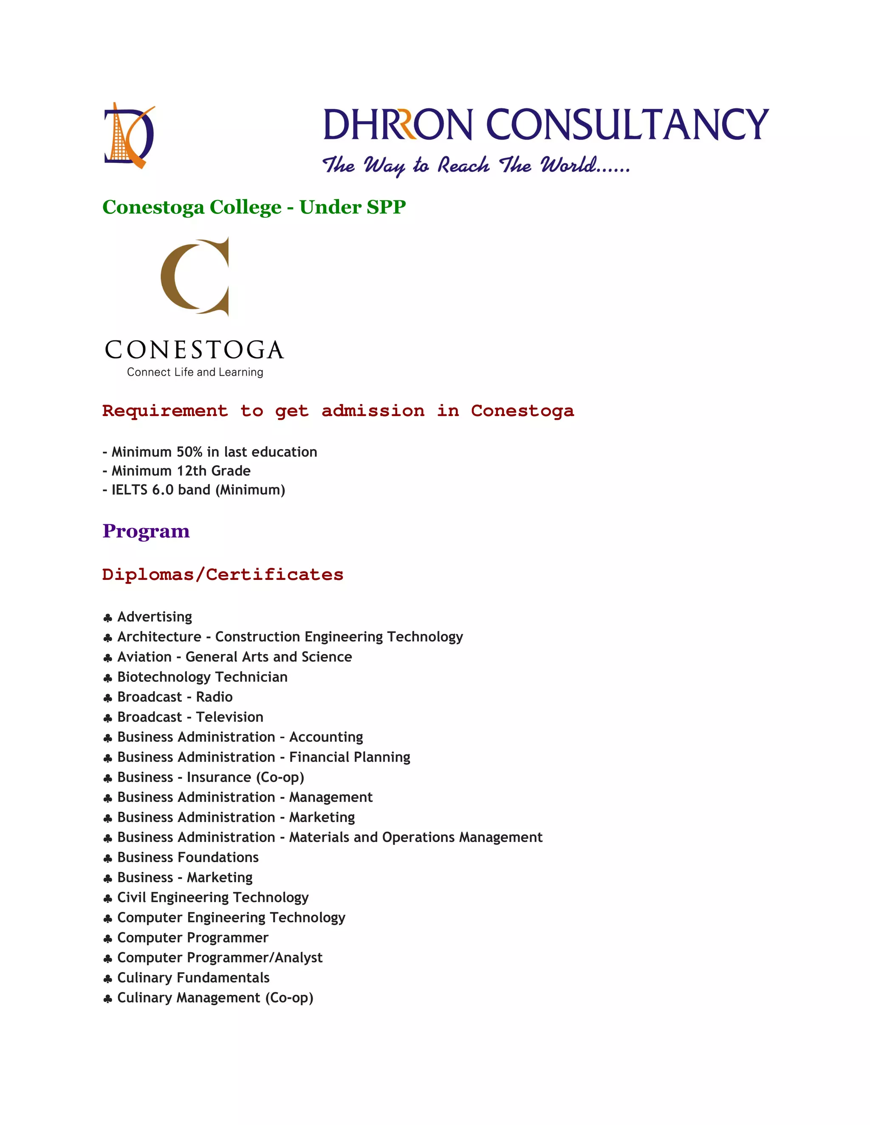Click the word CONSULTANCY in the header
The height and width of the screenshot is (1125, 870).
pyautogui.click(x=627, y=125)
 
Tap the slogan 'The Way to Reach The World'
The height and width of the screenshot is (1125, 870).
pyautogui.click(x=475, y=165)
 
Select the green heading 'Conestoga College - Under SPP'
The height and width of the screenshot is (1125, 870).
pyautogui.click(x=254, y=207)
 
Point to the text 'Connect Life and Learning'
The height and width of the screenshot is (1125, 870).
pyautogui.click(x=195, y=372)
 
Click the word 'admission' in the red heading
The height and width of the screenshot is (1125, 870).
pyautogui.click(x=373, y=411)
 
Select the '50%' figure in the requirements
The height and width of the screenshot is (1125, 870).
pyautogui.click(x=189, y=452)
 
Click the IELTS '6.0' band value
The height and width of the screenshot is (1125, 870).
pyautogui.click(x=162, y=489)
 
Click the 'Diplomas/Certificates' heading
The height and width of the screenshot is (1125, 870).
pyautogui.click(x=223, y=574)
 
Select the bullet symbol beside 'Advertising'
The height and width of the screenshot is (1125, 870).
pyautogui.click(x=108, y=618)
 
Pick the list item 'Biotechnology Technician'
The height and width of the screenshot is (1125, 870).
pyautogui.click(x=202, y=677)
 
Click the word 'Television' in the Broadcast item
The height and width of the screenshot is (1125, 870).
pyautogui.click(x=229, y=717)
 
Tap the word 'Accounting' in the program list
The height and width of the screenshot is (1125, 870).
pyautogui.click(x=326, y=737)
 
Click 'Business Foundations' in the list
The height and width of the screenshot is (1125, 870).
pyautogui.click(x=188, y=857)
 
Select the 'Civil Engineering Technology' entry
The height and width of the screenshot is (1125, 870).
pyautogui.click(x=212, y=897)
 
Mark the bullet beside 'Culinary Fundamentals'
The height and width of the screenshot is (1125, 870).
pyautogui.click(x=108, y=979)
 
